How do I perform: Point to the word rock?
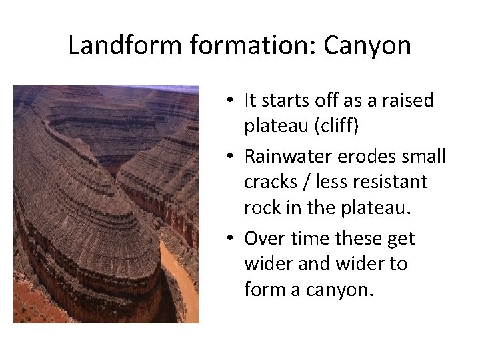pos(263,207)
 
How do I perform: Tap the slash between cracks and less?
pos(310,181)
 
